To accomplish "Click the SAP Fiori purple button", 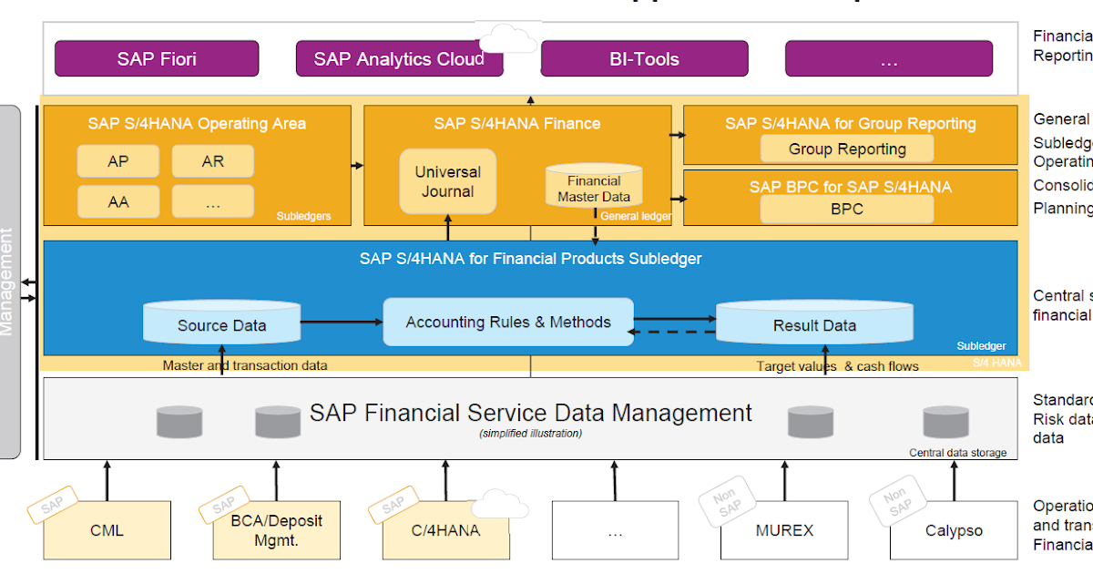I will click(x=157, y=59).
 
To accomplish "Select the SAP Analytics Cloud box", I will click(x=399, y=59).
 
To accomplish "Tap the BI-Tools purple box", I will click(x=644, y=59).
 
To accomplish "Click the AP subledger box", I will click(x=118, y=161).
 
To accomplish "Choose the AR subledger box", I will click(x=212, y=161).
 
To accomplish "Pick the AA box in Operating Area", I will click(x=118, y=201).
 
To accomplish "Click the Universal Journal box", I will click(x=447, y=181).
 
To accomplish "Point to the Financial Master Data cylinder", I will click(x=593, y=187).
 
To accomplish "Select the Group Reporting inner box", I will click(x=847, y=149).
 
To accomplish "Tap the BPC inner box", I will click(x=847, y=209).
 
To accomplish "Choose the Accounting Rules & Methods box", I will click(x=507, y=322).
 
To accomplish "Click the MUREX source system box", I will click(x=783, y=529).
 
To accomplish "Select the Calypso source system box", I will click(x=953, y=529).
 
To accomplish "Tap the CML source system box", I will click(x=107, y=529).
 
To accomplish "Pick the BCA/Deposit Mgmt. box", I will click(x=276, y=529).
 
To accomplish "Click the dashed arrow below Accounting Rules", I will click(x=674, y=332).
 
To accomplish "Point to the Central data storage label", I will click(x=957, y=453).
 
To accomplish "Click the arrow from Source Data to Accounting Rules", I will click(x=341, y=322).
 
